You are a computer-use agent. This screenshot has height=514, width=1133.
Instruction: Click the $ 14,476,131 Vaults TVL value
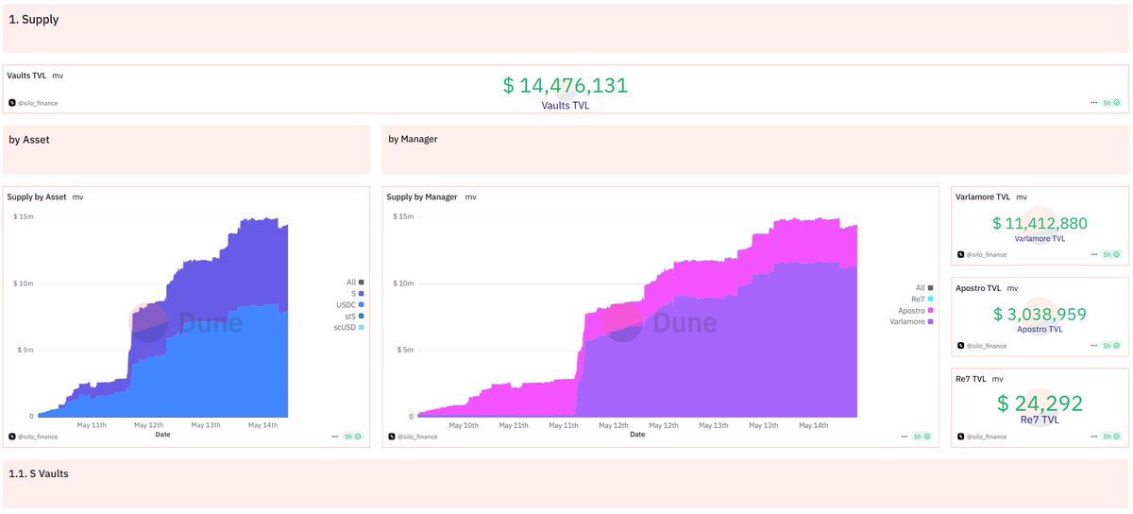[565, 85]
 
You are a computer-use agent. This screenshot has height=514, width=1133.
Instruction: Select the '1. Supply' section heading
[33, 19]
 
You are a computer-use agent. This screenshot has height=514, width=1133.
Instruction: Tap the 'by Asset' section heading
[29, 140]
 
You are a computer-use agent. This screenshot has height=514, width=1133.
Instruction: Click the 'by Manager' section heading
[413, 139]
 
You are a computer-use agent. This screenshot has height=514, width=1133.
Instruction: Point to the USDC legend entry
[349, 305]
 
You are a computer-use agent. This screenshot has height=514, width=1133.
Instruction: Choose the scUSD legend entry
[348, 327]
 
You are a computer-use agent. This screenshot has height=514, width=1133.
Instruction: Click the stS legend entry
[354, 316]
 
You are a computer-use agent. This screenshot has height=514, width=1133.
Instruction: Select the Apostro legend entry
[915, 311]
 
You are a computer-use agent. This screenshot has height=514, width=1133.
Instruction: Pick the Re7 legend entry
[922, 300]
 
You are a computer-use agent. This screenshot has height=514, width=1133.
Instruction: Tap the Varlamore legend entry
[911, 321]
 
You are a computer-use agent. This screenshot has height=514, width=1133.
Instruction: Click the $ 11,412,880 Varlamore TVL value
[1040, 223]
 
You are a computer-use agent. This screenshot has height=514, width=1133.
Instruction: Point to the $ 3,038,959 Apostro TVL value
[1040, 314]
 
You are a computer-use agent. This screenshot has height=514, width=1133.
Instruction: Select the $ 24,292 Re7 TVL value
[1040, 403]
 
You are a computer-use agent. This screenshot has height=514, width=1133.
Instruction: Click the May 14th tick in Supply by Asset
[263, 425]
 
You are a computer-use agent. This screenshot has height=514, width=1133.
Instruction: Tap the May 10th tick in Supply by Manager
[464, 425]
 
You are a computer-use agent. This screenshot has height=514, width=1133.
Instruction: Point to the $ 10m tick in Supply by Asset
[24, 283]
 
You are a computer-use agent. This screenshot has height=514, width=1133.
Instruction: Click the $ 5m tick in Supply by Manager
[405, 350]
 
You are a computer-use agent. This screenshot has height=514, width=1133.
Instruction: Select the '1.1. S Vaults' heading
[39, 473]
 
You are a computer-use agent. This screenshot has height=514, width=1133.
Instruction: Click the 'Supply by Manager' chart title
[422, 197]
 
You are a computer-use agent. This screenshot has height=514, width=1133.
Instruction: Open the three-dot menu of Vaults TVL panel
[1093, 103]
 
